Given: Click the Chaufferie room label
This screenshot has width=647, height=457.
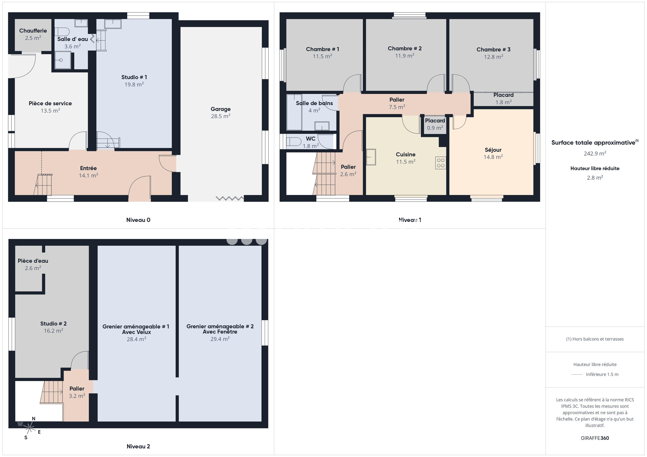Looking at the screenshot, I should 33,31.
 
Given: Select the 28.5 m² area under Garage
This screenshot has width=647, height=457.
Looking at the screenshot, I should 220,116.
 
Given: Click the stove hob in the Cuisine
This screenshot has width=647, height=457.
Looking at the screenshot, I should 440,163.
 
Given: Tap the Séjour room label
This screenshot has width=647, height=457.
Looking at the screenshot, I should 493,150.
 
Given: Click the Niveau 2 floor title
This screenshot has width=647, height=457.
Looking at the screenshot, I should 138,446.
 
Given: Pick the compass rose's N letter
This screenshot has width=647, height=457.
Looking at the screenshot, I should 33,419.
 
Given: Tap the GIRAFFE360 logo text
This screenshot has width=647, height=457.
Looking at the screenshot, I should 595,438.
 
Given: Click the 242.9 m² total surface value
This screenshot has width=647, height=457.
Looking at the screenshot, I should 595,154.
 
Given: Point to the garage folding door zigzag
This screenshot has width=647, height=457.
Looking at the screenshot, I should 230,198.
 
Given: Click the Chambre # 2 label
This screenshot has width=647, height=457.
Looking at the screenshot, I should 404,48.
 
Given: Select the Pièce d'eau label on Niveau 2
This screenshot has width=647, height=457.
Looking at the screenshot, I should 33,261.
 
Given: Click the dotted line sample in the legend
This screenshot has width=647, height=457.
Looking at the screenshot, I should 577,374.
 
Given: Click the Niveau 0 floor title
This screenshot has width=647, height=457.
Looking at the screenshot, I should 138,220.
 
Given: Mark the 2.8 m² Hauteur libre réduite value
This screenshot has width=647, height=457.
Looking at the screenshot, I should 595,178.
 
